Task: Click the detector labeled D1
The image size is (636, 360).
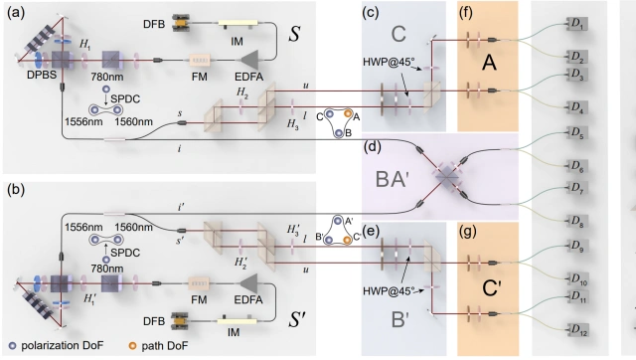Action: click(576, 24)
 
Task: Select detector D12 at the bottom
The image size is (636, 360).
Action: click(577, 329)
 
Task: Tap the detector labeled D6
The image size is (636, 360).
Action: click(577, 166)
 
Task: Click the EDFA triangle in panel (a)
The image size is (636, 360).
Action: click(249, 60)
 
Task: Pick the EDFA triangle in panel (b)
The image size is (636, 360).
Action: click(249, 283)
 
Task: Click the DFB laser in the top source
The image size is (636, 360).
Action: click(181, 23)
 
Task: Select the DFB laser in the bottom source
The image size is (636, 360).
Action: click(181, 320)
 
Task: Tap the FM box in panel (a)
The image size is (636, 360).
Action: click(200, 60)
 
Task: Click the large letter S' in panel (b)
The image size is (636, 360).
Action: click(297, 320)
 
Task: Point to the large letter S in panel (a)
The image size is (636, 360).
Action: click(294, 34)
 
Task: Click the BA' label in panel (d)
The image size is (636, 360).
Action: click(392, 179)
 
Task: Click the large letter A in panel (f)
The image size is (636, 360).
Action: click(490, 64)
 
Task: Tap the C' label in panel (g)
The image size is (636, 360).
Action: click(492, 288)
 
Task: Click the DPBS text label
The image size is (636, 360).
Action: click(42, 76)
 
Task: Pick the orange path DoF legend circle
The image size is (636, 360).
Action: click(132, 346)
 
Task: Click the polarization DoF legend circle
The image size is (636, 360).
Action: click(13, 346)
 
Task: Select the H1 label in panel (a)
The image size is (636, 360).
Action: click(84, 44)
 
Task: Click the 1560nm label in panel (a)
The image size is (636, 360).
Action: click(133, 121)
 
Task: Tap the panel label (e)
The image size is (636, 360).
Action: click(371, 232)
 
